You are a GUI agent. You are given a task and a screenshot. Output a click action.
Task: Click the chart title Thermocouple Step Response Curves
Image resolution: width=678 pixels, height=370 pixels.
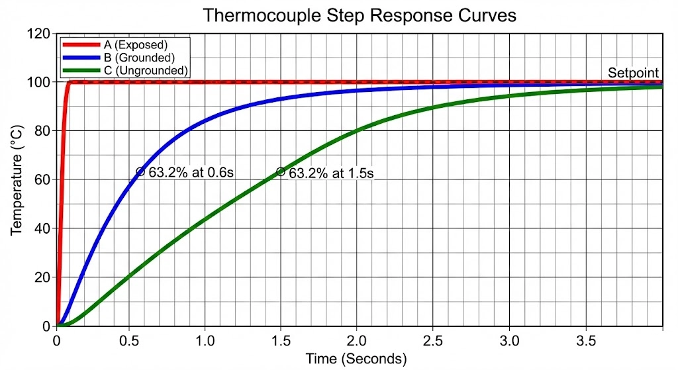[359, 15]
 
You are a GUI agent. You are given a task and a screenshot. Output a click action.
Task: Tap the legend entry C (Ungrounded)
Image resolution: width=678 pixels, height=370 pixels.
[146, 70]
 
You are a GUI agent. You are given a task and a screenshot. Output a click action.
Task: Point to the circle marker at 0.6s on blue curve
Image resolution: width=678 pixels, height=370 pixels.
[140, 171]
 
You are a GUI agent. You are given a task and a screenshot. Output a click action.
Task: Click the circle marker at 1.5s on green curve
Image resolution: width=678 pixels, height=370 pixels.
[281, 171]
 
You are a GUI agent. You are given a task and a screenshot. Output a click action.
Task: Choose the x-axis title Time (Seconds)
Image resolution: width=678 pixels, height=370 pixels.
[356, 359]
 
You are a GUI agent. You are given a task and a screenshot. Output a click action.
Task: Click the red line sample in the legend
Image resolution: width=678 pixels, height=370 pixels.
[82, 45]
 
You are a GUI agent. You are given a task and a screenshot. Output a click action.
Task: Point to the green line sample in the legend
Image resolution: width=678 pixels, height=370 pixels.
[82, 70]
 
